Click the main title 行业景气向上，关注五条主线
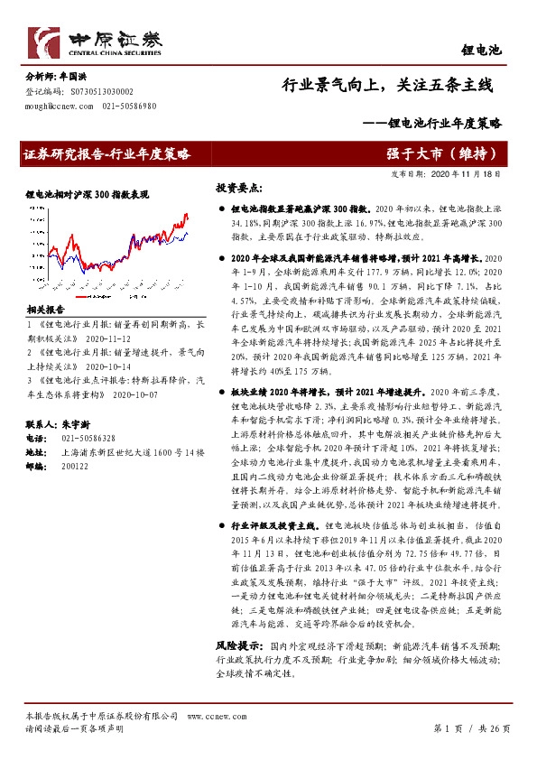[x=387, y=87]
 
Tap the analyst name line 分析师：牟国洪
[x=57, y=78]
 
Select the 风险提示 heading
[x=239, y=646]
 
